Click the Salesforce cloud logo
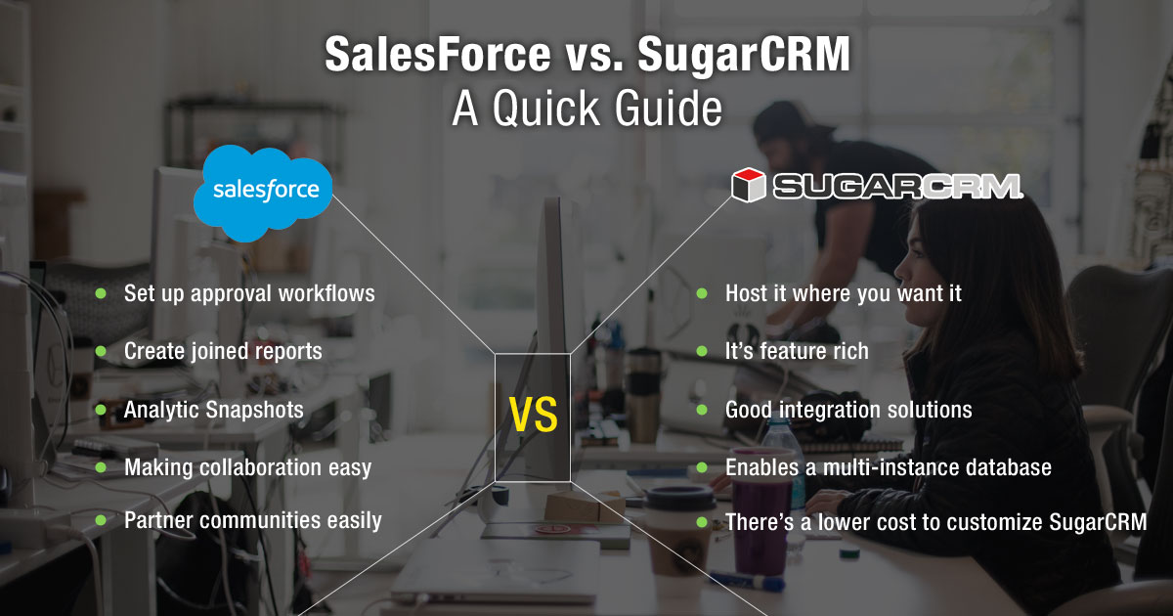(x=263, y=191)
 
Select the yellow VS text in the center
(x=533, y=415)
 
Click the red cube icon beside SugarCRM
(x=748, y=186)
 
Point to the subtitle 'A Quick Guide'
(x=586, y=110)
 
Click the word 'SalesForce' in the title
(x=437, y=55)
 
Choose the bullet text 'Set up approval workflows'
(x=249, y=293)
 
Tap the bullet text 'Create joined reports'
(x=223, y=351)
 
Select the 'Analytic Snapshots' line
(x=214, y=410)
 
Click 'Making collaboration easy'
(x=247, y=467)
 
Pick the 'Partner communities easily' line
(x=252, y=520)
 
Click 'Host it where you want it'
(x=844, y=293)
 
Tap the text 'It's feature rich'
(x=797, y=351)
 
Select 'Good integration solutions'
(x=848, y=410)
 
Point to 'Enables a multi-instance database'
(x=888, y=467)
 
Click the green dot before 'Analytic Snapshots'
(x=101, y=410)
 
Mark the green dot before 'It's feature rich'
(x=702, y=351)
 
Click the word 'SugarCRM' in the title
(x=743, y=55)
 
